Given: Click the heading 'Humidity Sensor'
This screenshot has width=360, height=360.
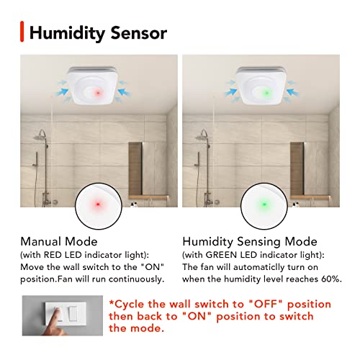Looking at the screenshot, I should tap(99, 32).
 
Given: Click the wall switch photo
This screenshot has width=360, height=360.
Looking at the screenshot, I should tap(60, 315).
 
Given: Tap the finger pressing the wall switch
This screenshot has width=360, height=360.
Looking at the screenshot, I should tap(40, 321).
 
